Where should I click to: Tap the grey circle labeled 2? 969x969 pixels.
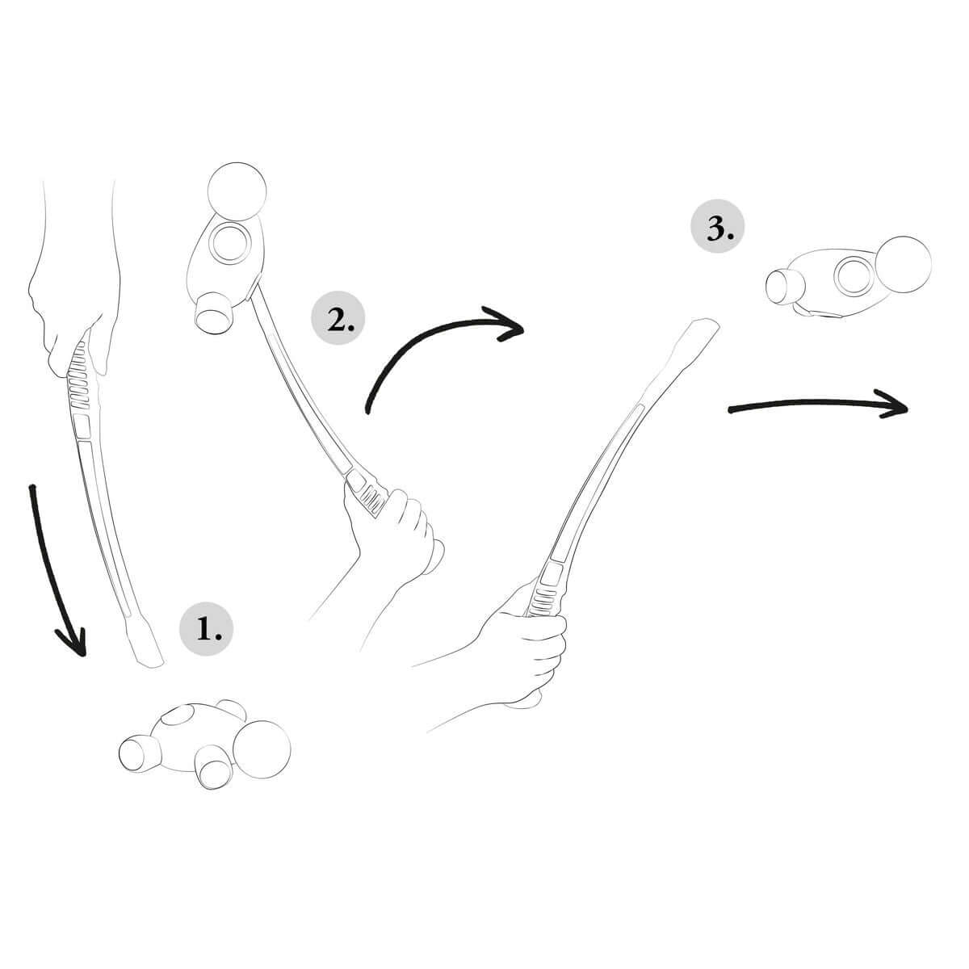pos(338,321)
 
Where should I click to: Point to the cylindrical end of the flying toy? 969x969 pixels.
pos(781,287)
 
